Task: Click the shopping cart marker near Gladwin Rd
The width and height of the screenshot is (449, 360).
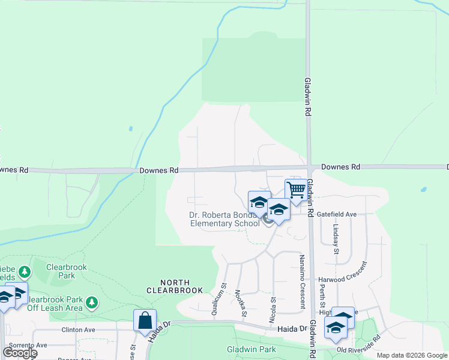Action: [x=296, y=190]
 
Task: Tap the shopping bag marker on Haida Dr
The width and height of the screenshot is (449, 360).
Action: [x=145, y=320]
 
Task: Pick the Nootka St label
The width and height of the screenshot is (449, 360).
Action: [x=241, y=303]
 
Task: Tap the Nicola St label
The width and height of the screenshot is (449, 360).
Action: [x=273, y=307]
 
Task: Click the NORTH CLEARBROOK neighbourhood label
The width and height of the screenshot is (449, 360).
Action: [x=176, y=286]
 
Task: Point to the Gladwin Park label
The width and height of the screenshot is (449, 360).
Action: [x=251, y=349]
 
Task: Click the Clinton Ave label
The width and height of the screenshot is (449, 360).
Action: [x=78, y=329]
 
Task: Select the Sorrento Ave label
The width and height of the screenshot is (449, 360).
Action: [x=25, y=345]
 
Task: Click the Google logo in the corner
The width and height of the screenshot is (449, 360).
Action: [x=20, y=353]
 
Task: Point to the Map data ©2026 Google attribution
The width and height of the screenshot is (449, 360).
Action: [x=412, y=355]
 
